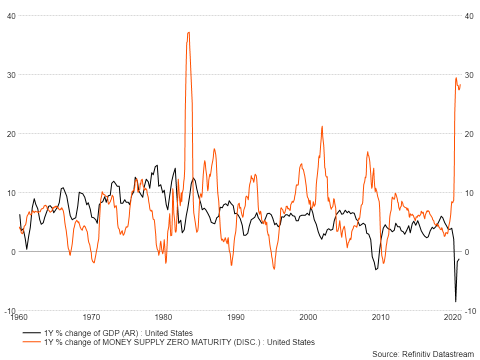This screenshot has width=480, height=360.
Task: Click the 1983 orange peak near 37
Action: [188, 32]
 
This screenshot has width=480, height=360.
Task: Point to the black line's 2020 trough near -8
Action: [455, 301]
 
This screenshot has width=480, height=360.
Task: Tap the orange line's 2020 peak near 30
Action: [456, 78]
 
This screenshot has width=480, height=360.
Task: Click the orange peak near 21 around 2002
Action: [322, 126]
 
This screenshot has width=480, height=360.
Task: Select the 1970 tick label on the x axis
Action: [91, 317]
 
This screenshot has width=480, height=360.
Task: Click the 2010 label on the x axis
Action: [380, 317]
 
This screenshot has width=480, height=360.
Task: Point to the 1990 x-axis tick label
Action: [235, 317]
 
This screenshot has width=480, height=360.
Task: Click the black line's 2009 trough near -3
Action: [375, 270]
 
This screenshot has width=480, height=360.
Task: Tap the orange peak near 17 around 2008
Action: [367, 152]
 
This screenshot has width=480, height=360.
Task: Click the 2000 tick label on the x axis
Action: [308, 317]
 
